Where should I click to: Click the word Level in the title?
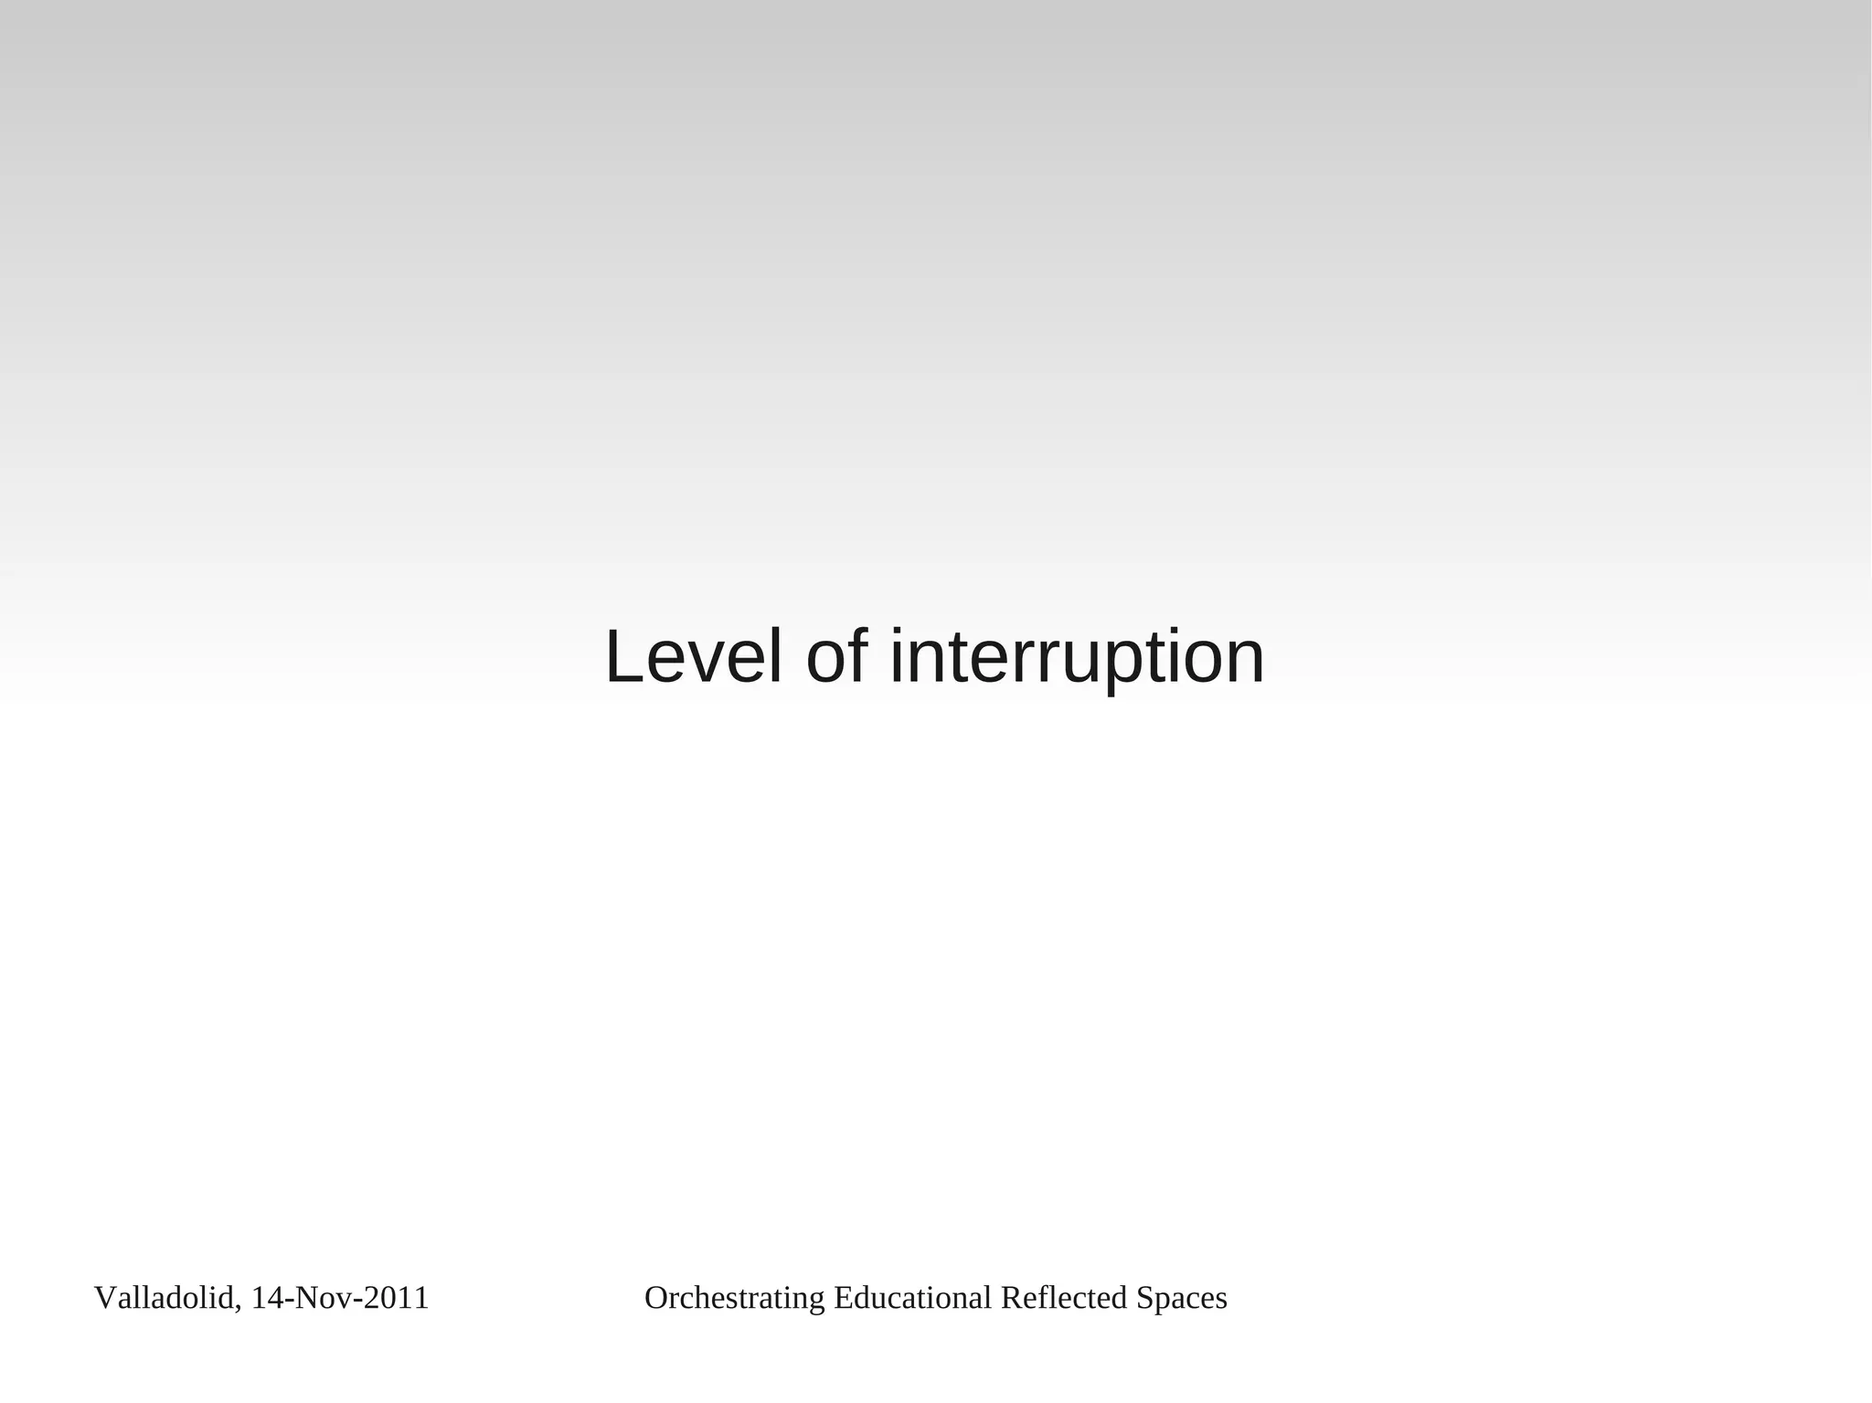(x=693, y=657)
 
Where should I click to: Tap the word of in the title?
(x=836, y=657)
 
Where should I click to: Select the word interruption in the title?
(x=1077, y=657)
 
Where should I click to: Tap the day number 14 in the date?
(x=266, y=1298)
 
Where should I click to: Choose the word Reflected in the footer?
(x=1064, y=1298)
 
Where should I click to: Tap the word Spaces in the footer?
(x=1182, y=1298)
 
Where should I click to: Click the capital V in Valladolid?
(x=104, y=1298)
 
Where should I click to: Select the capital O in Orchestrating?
(x=655, y=1298)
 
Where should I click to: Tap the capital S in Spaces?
(x=1143, y=1298)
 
